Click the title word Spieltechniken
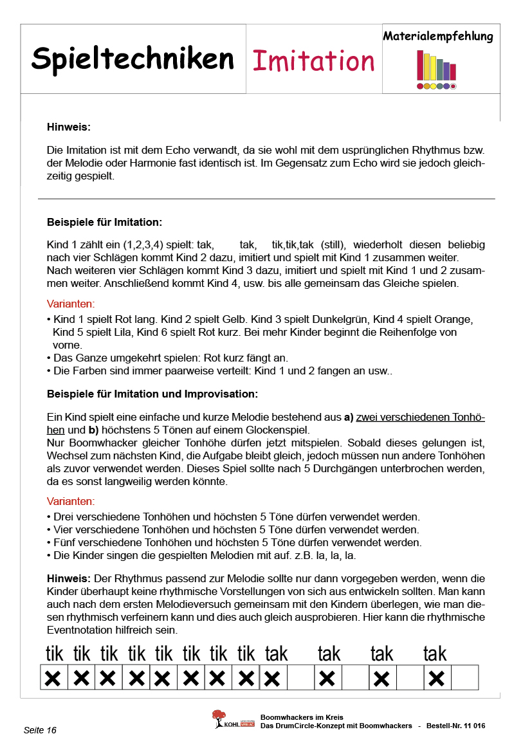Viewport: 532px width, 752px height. [x=133, y=59]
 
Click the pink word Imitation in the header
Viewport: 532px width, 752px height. [x=313, y=60]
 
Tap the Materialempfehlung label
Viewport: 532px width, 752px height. [x=437, y=36]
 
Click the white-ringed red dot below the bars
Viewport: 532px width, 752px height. [x=453, y=86]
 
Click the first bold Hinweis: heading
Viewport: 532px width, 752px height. [x=69, y=127]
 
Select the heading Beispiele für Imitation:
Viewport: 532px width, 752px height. [x=104, y=222]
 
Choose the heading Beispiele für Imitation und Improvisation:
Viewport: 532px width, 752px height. [x=152, y=393]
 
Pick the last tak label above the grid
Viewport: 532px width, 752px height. [x=435, y=654]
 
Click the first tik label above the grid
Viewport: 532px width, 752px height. [x=55, y=654]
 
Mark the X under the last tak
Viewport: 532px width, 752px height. [x=437, y=678]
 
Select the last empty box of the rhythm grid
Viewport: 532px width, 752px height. [x=465, y=678]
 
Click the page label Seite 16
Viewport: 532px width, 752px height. [x=40, y=730]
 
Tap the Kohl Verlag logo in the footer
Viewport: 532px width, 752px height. [x=226, y=720]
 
